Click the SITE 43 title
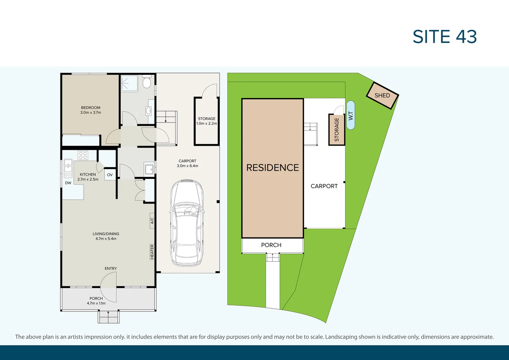(444, 37)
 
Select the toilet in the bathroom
(147, 82)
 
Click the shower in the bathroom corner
(129, 83)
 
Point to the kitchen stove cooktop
(83, 155)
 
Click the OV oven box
(110, 175)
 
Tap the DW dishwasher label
(68, 183)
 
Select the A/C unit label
(152, 221)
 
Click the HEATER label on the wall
(152, 252)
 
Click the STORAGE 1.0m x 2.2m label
(207, 121)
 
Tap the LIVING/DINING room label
(106, 236)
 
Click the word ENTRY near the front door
(111, 268)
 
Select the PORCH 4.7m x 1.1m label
(96, 301)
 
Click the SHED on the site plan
(382, 96)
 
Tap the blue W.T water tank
(350, 115)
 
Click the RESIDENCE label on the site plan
(272, 168)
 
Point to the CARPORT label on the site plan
(324, 186)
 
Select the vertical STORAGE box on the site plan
(336, 130)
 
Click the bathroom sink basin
(149, 110)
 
